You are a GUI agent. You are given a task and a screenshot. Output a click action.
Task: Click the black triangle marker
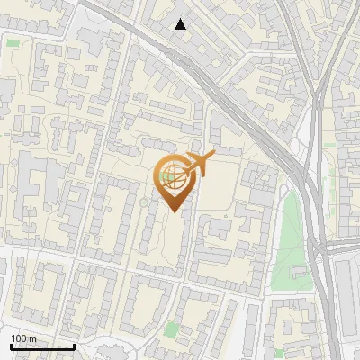pyautogui.click(x=181, y=24)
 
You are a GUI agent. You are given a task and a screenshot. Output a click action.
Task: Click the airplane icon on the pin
pyautogui.click(x=196, y=164)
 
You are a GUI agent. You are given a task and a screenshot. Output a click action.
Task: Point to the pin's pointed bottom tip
pyautogui.click(x=175, y=211)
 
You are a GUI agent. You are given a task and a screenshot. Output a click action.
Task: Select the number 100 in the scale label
pyautogui.click(x=19, y=338)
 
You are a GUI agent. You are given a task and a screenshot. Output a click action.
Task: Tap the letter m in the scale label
pyautogui.click(x=32, y=338)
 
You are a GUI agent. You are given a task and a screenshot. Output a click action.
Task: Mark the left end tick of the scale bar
pyautogui.click(x=11, y=344)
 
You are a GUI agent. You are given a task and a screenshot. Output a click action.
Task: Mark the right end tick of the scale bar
pyautogui.click(x=74, y=344)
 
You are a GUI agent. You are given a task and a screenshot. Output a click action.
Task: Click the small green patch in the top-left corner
pyautogui.click(x=13, y=41)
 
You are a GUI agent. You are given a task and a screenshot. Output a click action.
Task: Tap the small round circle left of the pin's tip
pyautogui.click(x=144, y=203)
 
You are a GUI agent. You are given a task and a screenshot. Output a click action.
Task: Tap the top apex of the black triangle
pyautogui.click(x=181, y=19)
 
